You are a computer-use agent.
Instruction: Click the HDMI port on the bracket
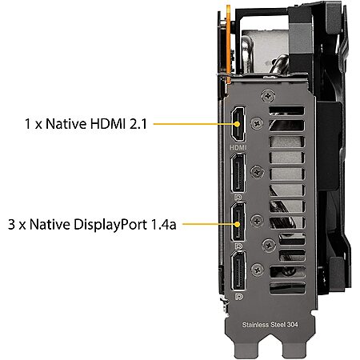238,124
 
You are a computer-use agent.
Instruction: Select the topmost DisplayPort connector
238,173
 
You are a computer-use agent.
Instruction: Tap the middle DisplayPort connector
238,222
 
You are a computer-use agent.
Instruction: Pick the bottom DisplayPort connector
238,271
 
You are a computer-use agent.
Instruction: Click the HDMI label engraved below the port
238,147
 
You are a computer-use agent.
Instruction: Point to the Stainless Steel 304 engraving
270,325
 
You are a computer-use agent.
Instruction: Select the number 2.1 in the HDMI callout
138,124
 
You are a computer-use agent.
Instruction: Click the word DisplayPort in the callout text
110,225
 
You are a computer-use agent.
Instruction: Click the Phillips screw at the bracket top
268,96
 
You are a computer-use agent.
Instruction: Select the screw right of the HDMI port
257,123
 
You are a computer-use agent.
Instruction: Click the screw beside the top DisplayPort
257,172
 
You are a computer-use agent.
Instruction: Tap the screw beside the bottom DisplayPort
258,270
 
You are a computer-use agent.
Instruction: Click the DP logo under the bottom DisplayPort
238,296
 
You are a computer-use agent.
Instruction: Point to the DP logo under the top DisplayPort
238,198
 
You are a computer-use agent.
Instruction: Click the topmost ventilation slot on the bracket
286,110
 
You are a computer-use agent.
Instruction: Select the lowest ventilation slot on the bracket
287,288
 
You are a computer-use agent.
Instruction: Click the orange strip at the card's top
228,44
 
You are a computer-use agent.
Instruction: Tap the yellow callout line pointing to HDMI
197,124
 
